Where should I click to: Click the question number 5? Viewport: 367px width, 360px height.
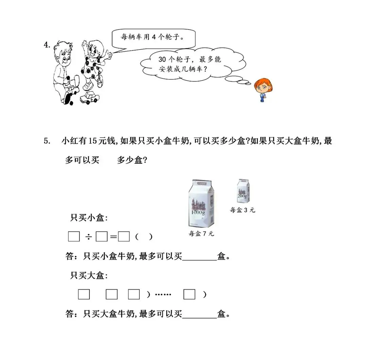tap(47, 141)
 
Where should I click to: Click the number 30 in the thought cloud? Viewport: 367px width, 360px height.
tap(162, 59)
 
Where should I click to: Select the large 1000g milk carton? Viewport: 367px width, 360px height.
tap(202, 203)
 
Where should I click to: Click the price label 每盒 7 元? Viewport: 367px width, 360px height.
tap(202, 234)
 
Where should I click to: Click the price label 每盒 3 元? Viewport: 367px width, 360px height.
tap(242, 210)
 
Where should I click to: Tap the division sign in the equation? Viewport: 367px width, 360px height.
tap(88, 237)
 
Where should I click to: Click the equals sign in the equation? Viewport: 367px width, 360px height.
tap(113, 237)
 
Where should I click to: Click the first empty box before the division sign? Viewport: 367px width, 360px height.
tap(74, 237)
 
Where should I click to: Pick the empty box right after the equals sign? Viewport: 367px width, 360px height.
tap(124, 237)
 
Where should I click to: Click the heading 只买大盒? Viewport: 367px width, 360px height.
tap(89, 275)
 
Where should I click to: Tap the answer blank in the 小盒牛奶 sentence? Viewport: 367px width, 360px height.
tap(199, 257)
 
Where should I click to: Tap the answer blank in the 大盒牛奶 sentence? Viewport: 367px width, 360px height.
tap(199, 314)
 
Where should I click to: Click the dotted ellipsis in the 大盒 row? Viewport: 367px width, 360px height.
tap(163, 294)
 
